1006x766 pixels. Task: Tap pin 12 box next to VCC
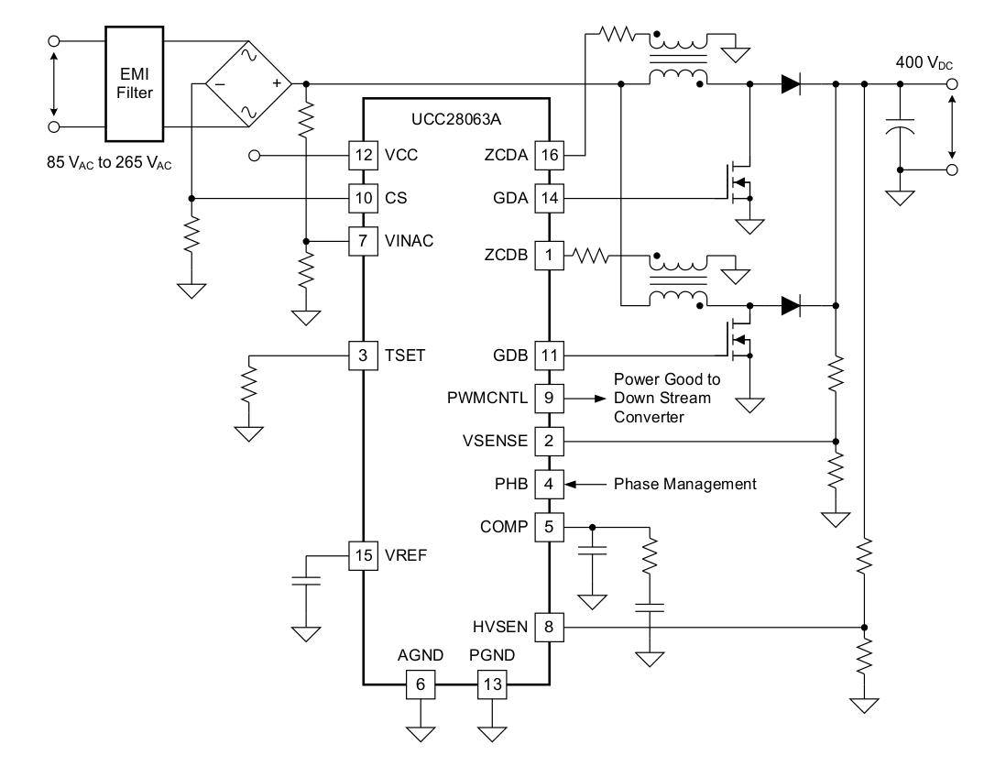364,155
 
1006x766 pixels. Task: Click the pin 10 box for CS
364,198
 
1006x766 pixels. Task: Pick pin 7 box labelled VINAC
364,241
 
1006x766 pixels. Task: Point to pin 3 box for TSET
364,355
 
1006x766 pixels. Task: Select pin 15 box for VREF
364,555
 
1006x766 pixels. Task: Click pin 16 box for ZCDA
549,155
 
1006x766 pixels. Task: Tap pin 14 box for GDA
549,198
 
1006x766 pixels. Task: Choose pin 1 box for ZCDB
549,256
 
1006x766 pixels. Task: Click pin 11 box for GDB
549,355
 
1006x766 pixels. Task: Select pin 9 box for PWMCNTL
549,399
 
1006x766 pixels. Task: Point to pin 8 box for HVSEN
549,628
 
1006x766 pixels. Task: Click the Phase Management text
684,484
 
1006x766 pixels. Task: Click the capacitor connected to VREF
306,580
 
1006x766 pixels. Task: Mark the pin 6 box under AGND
420,683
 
